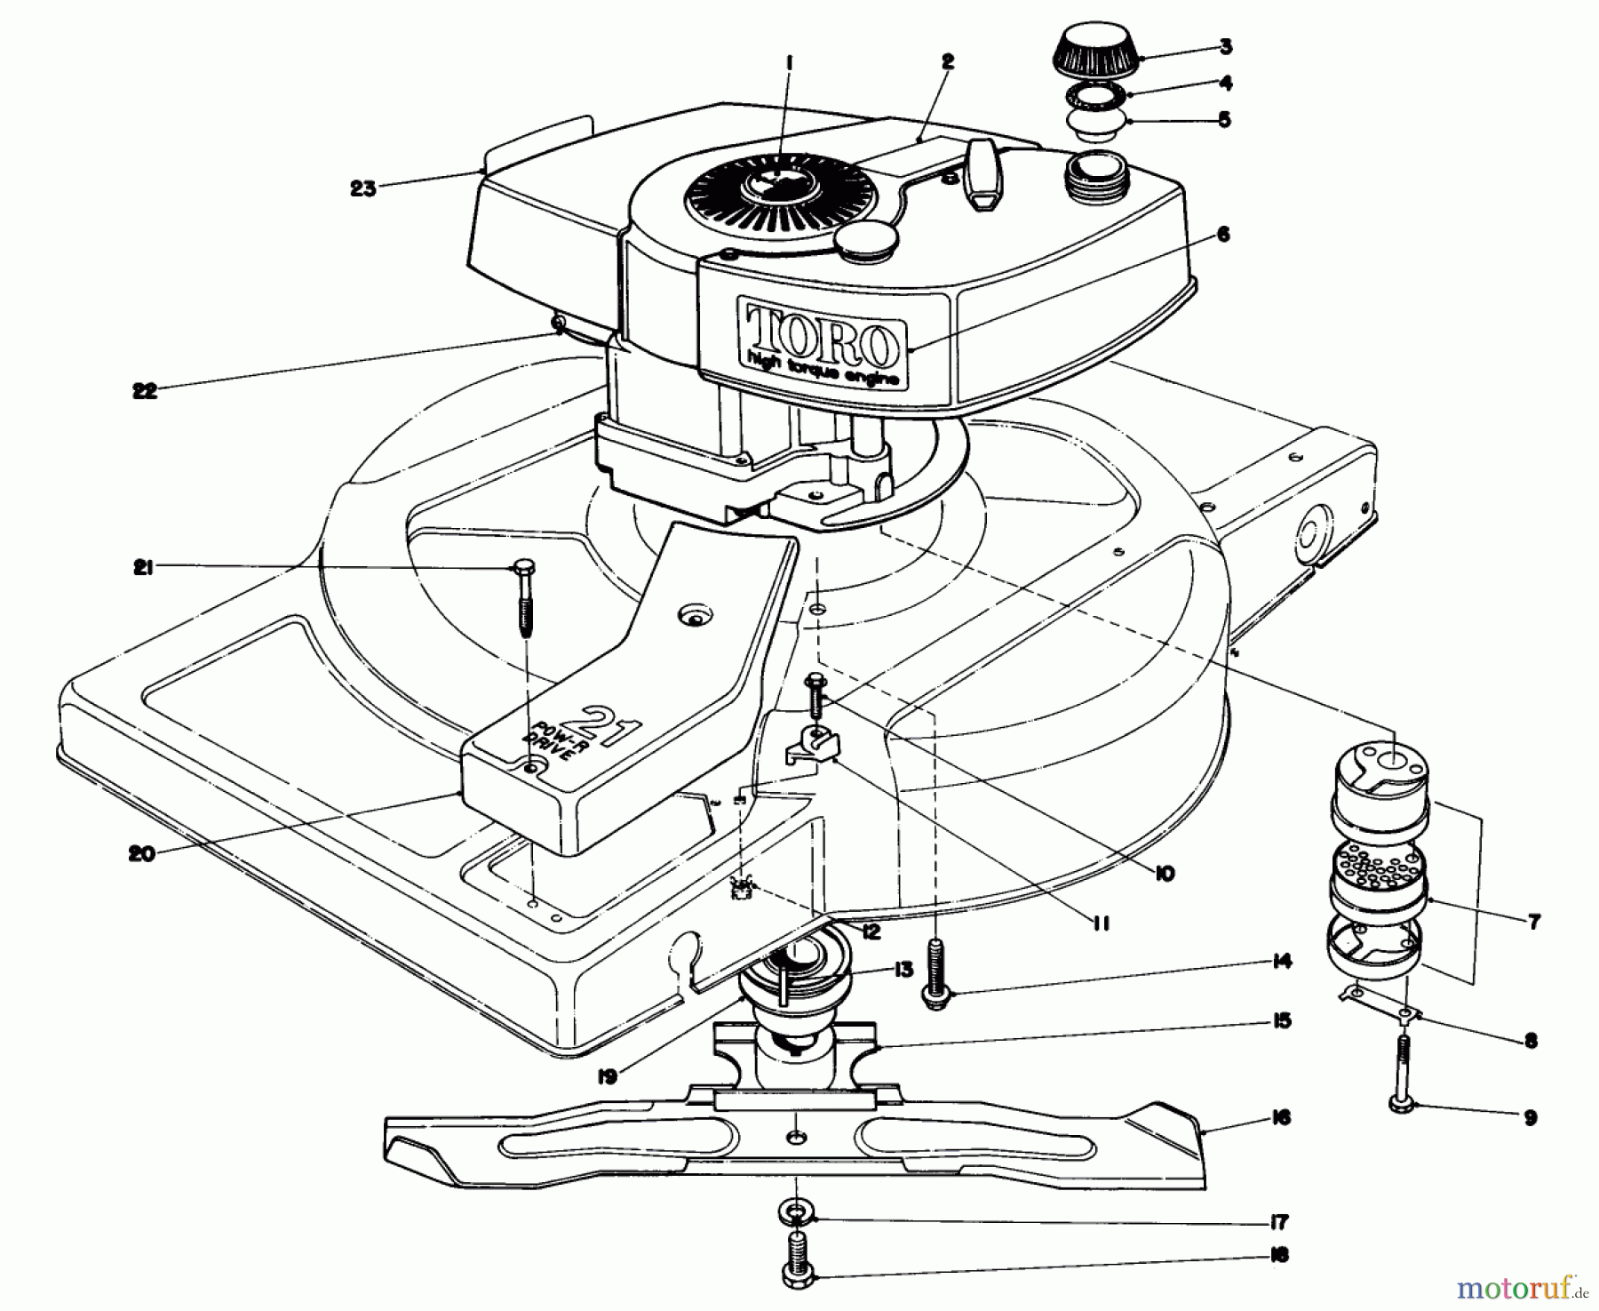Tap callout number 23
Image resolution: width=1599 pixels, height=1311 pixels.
coord(363,188)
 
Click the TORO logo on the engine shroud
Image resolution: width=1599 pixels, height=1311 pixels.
coord(820,333)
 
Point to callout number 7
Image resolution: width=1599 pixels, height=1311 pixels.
coord(1534,921)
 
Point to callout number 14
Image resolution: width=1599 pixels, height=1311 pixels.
coord(1279,962)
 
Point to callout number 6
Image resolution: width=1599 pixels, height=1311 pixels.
coord(1223,235)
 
